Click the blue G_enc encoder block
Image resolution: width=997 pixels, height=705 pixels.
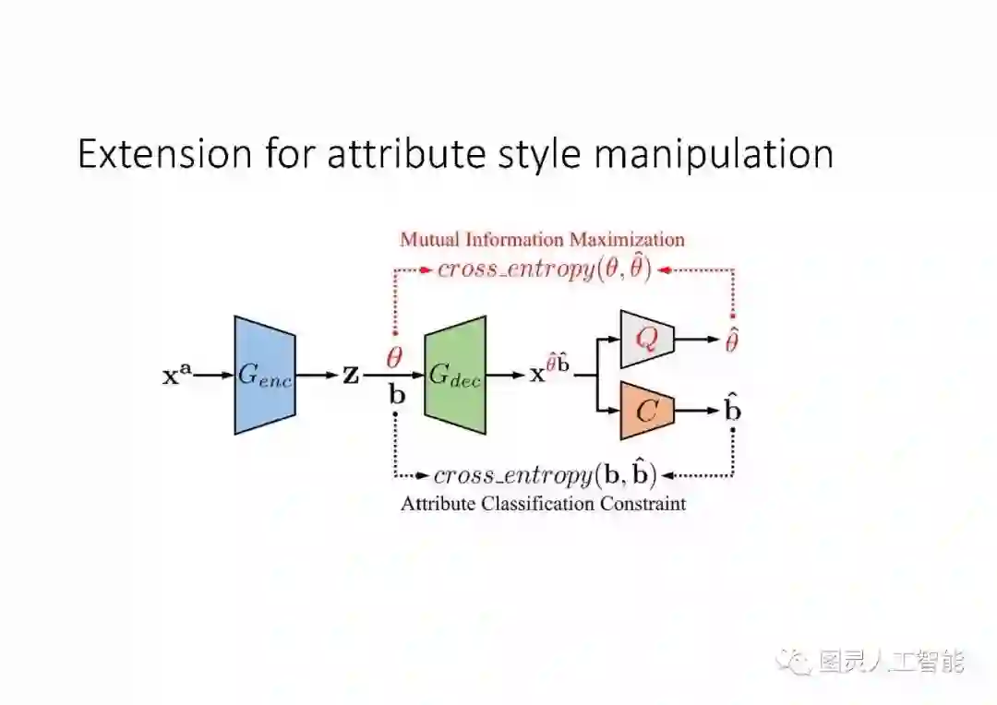265,375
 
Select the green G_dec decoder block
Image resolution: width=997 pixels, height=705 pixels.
455,375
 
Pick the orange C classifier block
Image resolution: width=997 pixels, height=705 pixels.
648,410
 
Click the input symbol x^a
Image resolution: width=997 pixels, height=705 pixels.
177,376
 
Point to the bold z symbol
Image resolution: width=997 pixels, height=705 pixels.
351,376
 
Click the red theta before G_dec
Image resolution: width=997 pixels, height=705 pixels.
393,355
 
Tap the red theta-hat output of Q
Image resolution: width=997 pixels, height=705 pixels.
732,341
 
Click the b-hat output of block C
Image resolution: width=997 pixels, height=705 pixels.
732,409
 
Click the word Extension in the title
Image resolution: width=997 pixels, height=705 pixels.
164,154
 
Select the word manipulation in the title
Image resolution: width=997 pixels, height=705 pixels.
713,154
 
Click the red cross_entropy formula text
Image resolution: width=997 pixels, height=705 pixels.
545,269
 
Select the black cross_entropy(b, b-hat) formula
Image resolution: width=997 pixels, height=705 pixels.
545,475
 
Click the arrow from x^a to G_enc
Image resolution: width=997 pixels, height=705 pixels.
213,376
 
